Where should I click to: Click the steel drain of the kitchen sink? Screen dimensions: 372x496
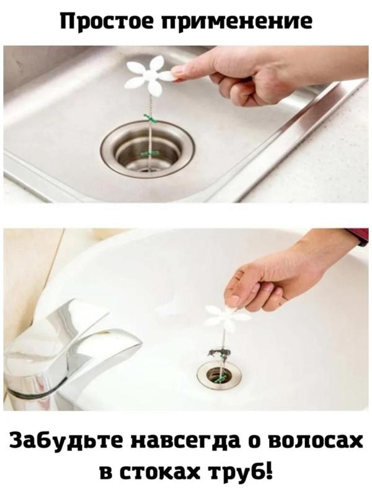[148, 149]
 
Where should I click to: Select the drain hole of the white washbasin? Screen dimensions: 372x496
[219, 376]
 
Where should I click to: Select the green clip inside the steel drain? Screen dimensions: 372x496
[150, 154]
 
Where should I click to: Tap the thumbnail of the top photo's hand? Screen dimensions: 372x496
[178, 73]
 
